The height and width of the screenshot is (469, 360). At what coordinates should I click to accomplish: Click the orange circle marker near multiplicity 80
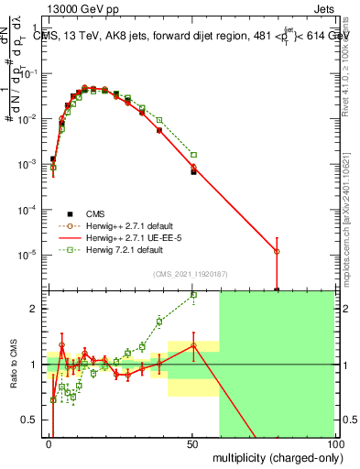[x=277, y=251]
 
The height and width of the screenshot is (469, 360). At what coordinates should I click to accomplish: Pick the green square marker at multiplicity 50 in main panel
[x=193, y=155]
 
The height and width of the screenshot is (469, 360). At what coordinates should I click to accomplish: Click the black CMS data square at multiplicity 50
[x=193, y=171]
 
